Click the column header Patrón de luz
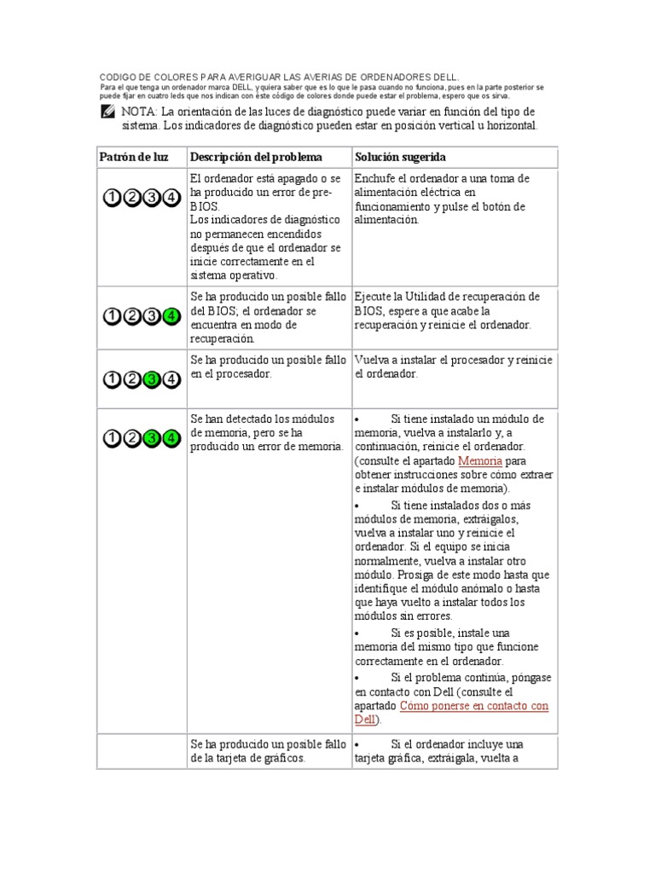click(134, 158)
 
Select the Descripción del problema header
click(256, 158)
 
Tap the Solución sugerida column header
click(400, 158)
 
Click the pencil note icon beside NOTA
click(107, 113)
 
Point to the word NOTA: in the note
click(138, 113)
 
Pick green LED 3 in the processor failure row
click(152, 379)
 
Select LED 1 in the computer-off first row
click(112, 198)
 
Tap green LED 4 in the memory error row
click(171, 438)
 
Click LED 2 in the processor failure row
click(131, 379)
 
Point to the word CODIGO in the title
click(119, 77)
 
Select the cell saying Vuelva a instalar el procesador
click(454, 367)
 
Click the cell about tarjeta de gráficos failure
click(268, 751)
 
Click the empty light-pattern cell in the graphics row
click(142, 751)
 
